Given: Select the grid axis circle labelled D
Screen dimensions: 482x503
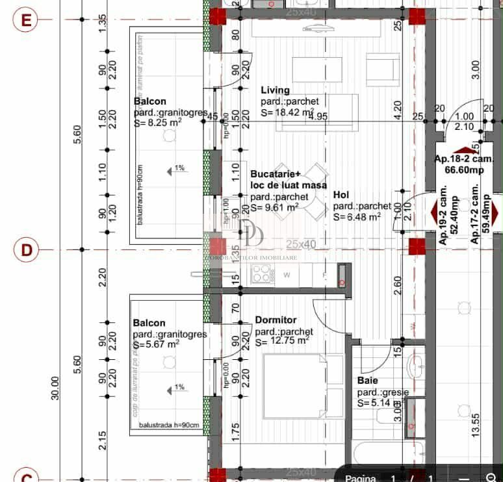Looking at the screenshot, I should tap(27, 249).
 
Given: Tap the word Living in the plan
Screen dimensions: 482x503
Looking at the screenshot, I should tap(276, 90).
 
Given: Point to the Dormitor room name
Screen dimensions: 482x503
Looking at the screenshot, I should tap(276, 320).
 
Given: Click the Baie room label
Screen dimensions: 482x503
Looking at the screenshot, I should tap(368, 381).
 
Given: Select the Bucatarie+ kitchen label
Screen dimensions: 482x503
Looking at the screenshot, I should tap(276, 174).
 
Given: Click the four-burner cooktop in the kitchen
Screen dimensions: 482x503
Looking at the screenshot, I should tap(262, 273).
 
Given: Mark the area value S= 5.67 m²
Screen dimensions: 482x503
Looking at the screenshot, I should tap(156, 344).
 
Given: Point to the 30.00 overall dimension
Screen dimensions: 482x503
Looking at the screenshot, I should tap(55, 388).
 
